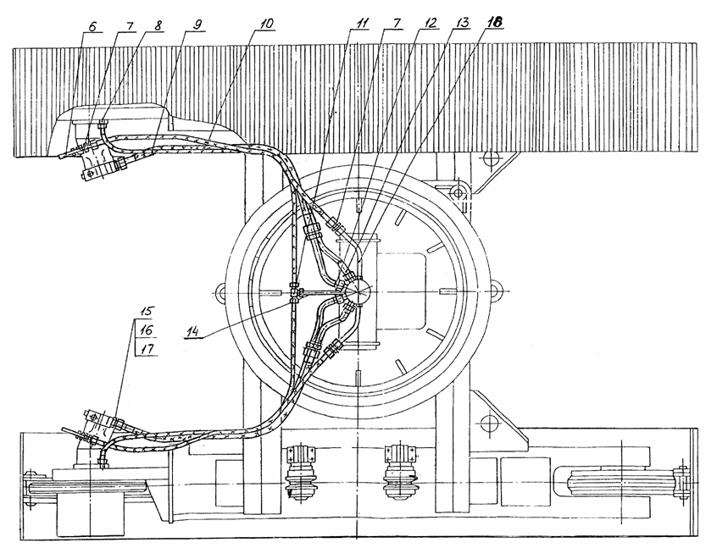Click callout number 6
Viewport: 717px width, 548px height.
pos(92,27)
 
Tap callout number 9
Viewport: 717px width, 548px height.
pos(197,25)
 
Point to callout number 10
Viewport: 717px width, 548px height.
pos(264,24)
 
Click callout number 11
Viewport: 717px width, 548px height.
pos(362,24)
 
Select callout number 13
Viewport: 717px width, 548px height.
pos(462,23)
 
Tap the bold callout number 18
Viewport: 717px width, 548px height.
pos(494,22)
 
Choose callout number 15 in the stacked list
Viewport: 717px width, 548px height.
pos(147,313)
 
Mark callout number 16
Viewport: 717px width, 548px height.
pos(147,330)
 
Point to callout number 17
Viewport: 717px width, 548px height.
pos(147,350)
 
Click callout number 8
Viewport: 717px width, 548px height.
pos(158,26)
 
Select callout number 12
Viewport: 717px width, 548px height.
pos(430,24)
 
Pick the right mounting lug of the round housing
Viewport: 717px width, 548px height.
pos(494,291)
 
